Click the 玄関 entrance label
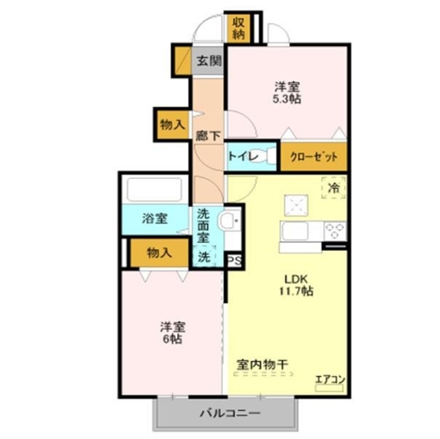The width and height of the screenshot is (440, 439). point(209,61)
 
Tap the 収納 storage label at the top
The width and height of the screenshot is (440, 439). point(238,27)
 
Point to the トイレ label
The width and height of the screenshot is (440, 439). point(243,156)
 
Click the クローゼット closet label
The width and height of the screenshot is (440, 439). point(314,156)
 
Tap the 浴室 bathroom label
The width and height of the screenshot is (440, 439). point(154,219)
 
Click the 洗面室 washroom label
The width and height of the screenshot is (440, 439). point(205,224)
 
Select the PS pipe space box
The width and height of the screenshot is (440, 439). point(234,261)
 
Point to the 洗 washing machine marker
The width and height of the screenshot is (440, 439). point(205,257)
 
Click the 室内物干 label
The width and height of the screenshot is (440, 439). point(262,364)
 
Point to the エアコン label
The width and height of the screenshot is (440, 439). point(329,378)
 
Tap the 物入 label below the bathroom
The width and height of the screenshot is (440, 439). point(159,252)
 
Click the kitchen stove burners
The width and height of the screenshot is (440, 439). point(336,230)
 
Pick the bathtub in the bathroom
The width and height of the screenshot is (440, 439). point(155,189)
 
